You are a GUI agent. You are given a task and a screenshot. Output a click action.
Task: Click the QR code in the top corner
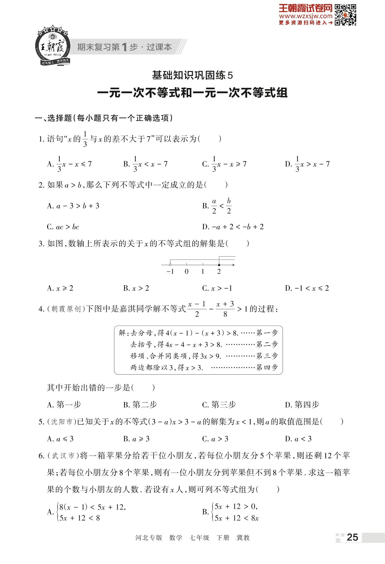[x=346, y=14]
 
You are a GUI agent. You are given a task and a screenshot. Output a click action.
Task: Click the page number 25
[x=352, y=537]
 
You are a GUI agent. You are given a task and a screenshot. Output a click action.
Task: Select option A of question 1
[x=70, y=164]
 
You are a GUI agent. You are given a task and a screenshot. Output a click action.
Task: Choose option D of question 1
[x=308, y=164]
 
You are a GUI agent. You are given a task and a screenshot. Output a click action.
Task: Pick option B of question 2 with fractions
[x=217, y=206]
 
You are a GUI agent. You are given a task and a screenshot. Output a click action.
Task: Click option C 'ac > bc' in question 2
[x=63, y=227]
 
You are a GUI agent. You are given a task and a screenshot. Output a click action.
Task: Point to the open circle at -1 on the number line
[x=170, y=265]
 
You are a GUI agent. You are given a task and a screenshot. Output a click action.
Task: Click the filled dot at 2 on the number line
[x=219, y=265]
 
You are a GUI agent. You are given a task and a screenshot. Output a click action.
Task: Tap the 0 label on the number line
[x=186, y=272]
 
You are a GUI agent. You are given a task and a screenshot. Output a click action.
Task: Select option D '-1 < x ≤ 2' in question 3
[x=307, y=288]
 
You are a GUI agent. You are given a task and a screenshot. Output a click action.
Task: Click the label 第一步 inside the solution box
[x=267, y=333]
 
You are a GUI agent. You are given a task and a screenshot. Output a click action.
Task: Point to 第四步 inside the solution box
[x=267, y=368]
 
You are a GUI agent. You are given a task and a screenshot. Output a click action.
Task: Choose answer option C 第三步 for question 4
[x=219, y=405]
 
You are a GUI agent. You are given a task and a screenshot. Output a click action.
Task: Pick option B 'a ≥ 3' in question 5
[x=137, y=439]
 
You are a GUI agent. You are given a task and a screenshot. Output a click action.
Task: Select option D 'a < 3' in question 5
[x=299, y=439]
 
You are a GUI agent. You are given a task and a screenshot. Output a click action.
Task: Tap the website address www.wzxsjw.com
[x=305, y=16]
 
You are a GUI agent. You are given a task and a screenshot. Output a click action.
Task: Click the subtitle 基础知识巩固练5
[x=193, y=76]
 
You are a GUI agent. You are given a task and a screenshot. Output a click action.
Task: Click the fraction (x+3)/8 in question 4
[x=225, y=309]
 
